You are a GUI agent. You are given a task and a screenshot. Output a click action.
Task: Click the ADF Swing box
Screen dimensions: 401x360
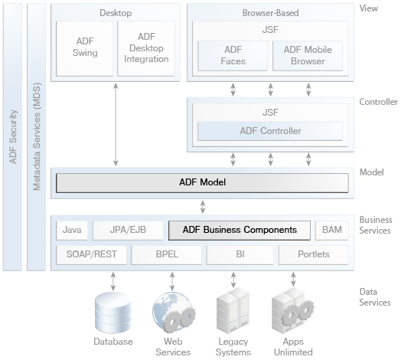[x=84, y=49]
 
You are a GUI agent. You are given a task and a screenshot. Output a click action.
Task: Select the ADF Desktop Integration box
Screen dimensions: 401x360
[x=146, y=49]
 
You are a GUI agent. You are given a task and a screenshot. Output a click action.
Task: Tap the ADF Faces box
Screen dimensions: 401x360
[x=233, y=56]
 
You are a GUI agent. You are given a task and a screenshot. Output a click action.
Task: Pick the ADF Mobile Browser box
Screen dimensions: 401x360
[x=308, y=56]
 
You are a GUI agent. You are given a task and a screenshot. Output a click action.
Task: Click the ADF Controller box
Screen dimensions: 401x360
[x=270, y=131]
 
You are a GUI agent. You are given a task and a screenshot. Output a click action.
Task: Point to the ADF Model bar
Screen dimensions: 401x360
[x=202, y=183]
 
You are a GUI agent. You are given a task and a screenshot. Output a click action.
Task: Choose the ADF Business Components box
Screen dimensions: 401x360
[x=240, y=231]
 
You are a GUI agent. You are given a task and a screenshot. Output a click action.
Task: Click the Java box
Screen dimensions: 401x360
[x=72, y=231]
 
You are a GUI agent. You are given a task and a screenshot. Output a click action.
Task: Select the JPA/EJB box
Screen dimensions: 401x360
[x=128, y=231]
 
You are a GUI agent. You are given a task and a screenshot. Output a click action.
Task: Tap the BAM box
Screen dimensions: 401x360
[x=331, y=231]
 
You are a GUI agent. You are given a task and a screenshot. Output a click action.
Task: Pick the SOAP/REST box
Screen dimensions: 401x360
[x=91, y=255]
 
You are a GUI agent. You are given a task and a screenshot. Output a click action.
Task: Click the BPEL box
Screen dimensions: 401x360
[x=167, y=255]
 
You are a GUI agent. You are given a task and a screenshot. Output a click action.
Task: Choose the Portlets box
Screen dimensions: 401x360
[x=313, y=255]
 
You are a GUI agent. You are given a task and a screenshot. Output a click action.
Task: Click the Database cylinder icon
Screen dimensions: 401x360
[x=112, y=313]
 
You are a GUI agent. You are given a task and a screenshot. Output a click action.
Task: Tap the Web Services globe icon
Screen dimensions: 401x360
[x=174, y=313]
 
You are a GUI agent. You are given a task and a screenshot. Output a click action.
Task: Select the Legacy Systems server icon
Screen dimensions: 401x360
[x=233, y=310]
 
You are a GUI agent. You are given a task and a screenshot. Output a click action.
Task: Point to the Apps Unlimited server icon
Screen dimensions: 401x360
[x=293, y=310]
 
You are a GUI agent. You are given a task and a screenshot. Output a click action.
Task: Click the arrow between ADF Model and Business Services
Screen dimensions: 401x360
[x=203, y=207]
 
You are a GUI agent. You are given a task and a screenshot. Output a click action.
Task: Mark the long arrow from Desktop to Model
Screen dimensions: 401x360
[x=116, y=124]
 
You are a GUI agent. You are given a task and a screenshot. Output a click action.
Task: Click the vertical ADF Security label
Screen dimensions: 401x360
[x=13, y=137]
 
